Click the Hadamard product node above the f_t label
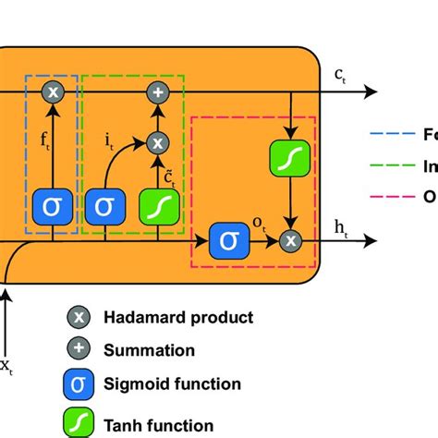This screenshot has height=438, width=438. (53, 91)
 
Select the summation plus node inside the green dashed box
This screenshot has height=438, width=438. (158, 91)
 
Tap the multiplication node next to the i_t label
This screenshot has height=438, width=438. (158, 141)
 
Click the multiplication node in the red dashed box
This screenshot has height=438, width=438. (292, 240)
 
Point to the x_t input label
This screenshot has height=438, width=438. (6, 368)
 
